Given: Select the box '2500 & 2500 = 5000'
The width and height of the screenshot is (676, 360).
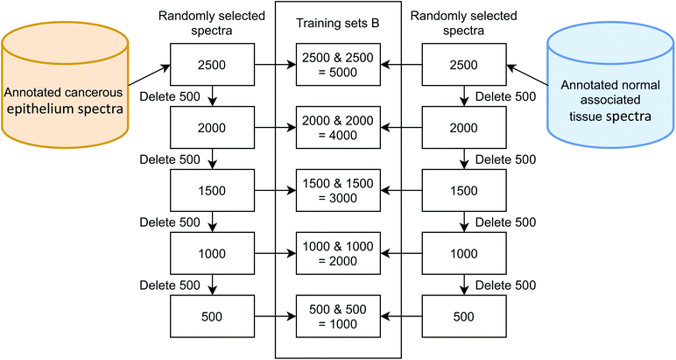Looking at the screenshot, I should (338, 64).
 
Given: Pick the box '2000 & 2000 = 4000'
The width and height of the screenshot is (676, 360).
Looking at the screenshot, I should (338, 126).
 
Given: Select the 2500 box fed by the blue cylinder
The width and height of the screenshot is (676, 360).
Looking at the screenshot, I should (464, 64).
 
